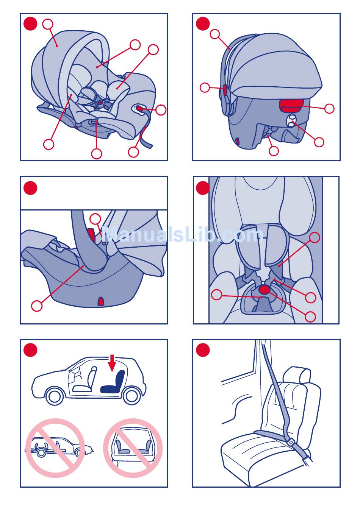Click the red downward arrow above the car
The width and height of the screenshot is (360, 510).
click(x=112, y=363)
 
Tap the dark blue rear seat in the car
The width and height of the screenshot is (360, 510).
click(x=114, y=382)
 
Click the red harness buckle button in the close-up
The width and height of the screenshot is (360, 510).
click(x=264, y=289)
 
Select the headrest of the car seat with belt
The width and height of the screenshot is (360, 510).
click(x=296, y=375)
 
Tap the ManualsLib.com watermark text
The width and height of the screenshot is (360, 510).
click(x=182, y=234)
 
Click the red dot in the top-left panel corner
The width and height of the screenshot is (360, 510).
click(x=30, y=24)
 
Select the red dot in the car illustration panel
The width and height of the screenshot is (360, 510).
click(x=30, y=350)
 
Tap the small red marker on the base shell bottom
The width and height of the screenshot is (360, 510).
click(x=100, y=301)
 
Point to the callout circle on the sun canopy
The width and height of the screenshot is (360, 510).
click(x=48, y=24)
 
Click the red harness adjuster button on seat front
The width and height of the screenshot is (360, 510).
click(x=139, y=109)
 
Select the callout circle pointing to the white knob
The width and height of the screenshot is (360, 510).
click(x=319, y=142)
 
